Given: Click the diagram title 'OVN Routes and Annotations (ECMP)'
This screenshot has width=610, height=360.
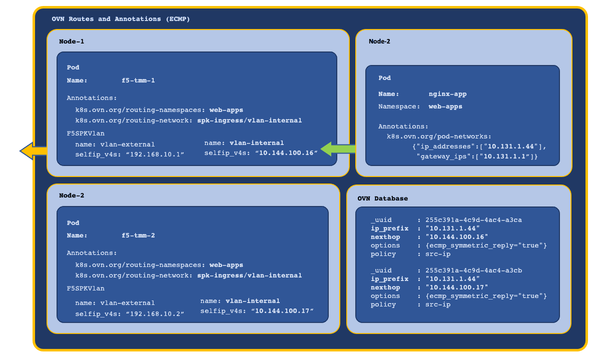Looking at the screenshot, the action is coord(121,19).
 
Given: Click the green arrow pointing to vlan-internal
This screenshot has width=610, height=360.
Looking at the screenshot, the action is coord(338,149).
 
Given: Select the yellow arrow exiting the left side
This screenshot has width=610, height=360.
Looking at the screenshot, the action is coord(33,151).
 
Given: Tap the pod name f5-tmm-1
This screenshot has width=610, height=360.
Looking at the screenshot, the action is coord(138,80).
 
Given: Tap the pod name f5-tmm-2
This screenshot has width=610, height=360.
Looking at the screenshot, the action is coord(138,235).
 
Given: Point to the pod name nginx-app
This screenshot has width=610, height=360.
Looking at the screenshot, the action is coord(447,94).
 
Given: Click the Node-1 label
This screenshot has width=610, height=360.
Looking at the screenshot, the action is coord(72,41).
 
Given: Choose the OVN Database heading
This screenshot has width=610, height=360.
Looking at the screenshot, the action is coord(383,198).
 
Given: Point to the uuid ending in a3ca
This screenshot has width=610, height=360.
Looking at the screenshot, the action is coord(473,220).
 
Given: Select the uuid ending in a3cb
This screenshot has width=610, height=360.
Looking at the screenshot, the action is coord(473,270).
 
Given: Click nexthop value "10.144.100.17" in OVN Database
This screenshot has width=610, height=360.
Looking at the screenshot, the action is coord(457,287).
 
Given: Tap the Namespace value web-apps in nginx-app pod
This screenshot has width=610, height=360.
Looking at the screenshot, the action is coord(445,106).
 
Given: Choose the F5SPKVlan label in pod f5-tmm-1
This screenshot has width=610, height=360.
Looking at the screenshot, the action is coord(86,133).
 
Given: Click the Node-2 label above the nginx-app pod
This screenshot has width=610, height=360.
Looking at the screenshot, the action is coord(379,41).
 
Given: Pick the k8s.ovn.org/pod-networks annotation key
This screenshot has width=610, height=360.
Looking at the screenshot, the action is coord(439,136).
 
